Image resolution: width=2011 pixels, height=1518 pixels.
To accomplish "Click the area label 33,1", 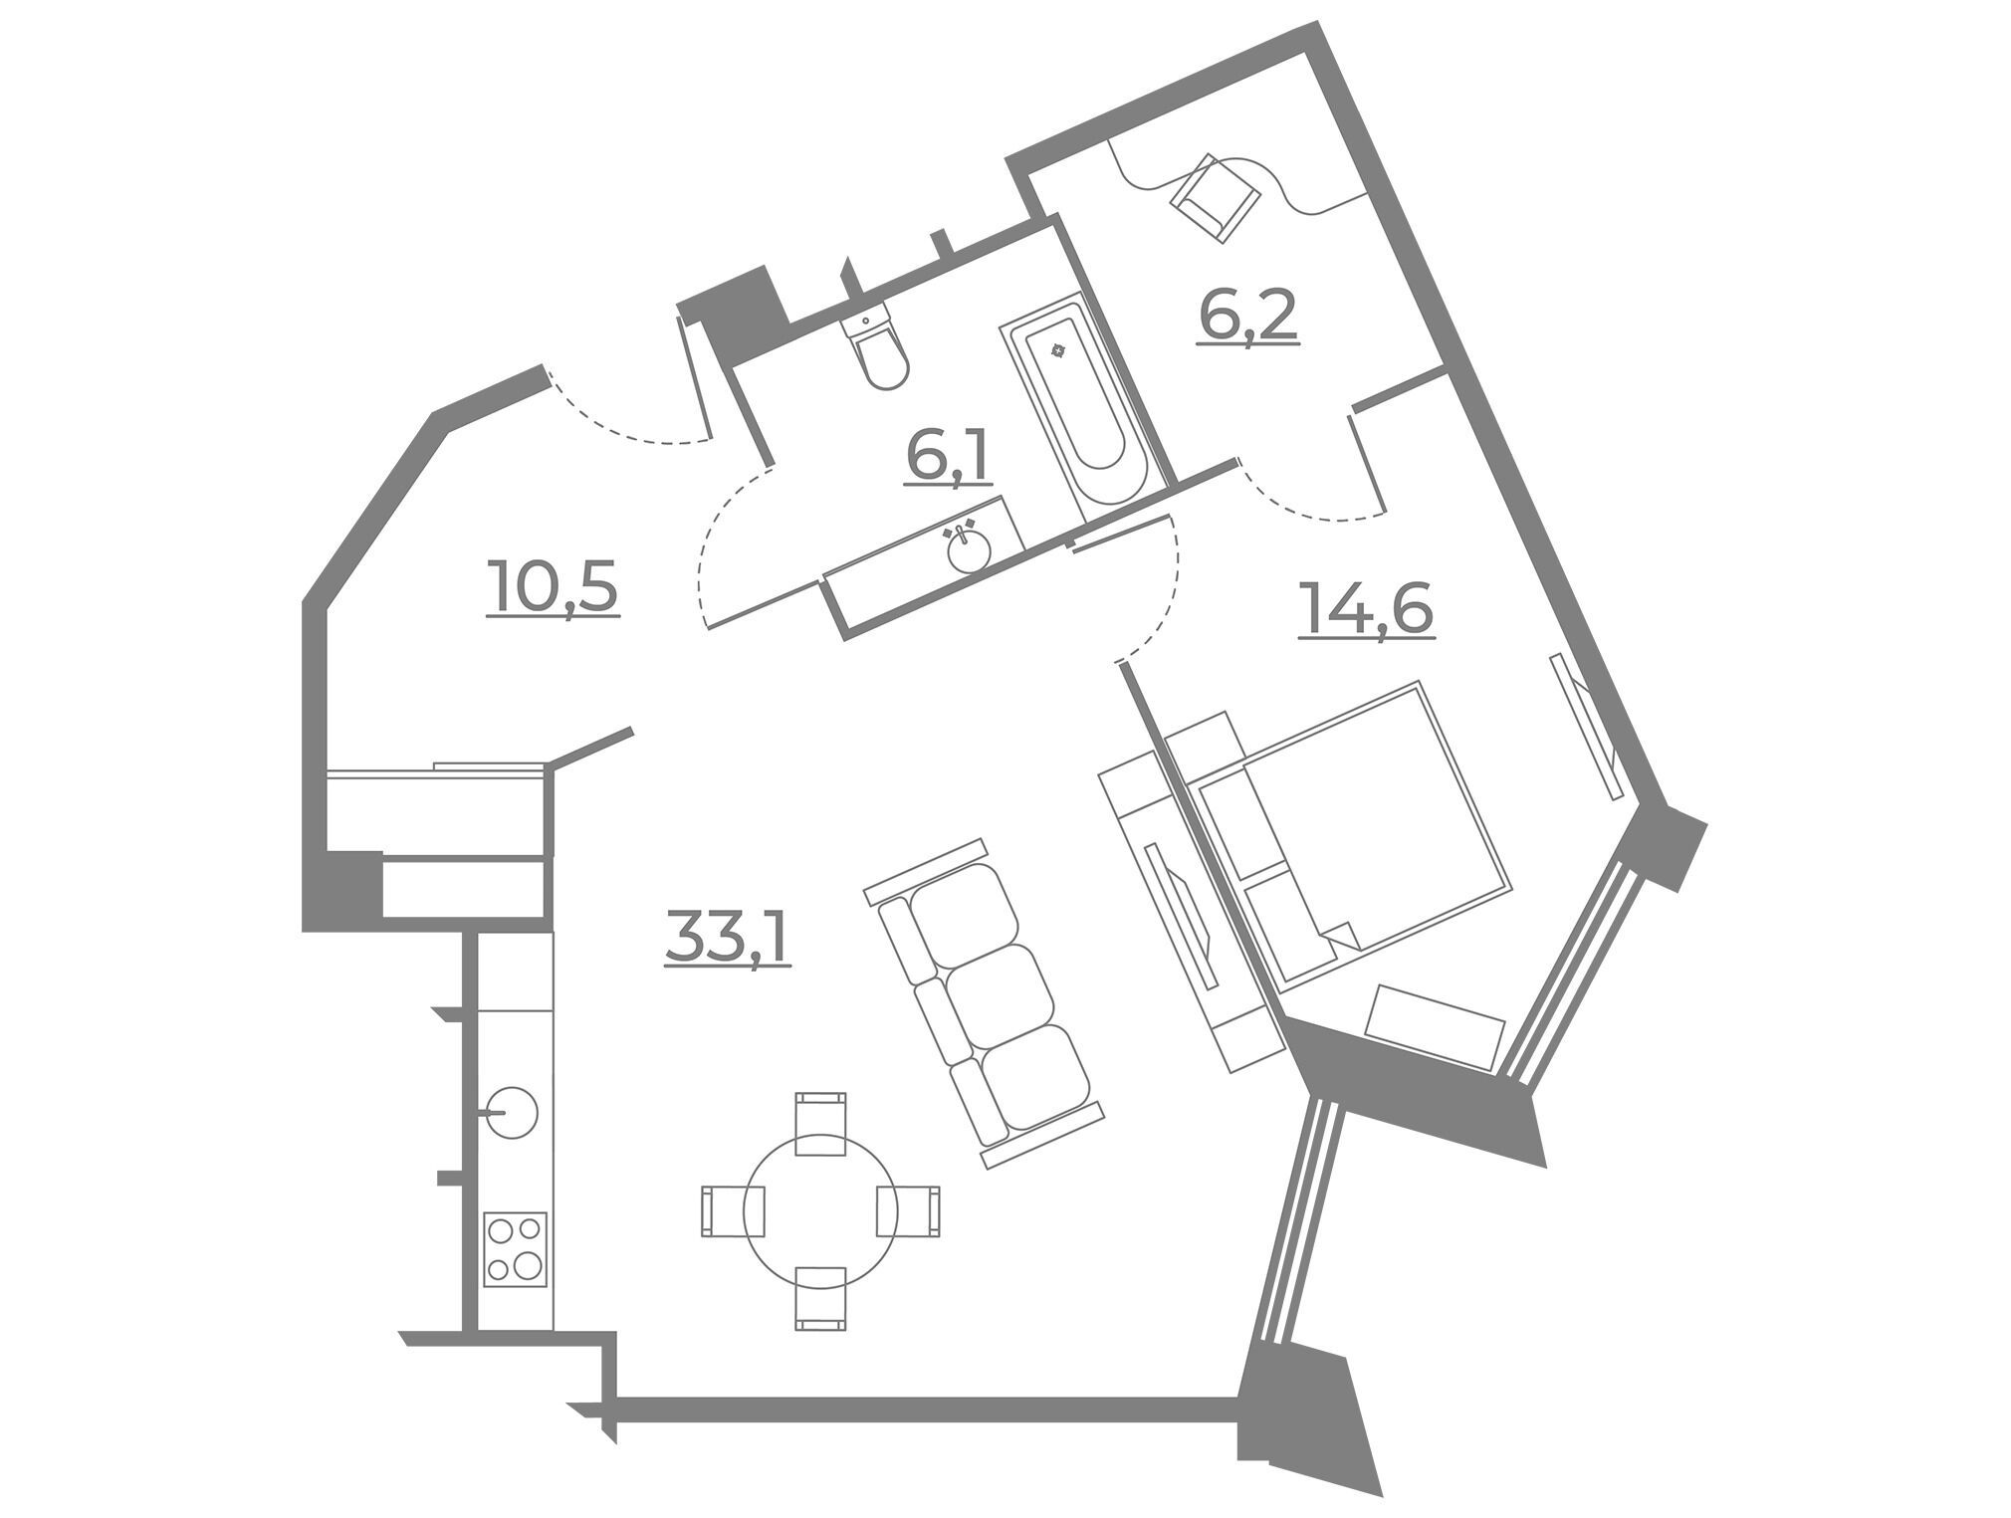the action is coord(728,940).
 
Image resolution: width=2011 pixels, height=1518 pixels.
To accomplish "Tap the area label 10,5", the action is coord(554,588).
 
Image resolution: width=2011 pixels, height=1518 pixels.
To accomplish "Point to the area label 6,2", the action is coord(1248,316).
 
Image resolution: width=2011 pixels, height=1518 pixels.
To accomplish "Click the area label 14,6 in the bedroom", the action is coord(1366,608).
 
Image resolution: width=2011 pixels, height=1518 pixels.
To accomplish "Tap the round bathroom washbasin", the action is coord(969,548).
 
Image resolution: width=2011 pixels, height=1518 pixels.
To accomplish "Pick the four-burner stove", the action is coord(515,1249).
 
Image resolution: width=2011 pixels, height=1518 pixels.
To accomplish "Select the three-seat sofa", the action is coord(985,1003).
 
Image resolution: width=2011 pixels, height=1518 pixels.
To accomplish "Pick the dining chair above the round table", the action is coord(821,1124).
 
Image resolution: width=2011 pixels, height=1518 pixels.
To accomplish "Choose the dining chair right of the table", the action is coord(908,1210).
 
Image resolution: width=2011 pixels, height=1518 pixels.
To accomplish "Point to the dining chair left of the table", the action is coord(735,1210).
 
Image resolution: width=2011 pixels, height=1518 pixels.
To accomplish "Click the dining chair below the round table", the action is coord(821,1299).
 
